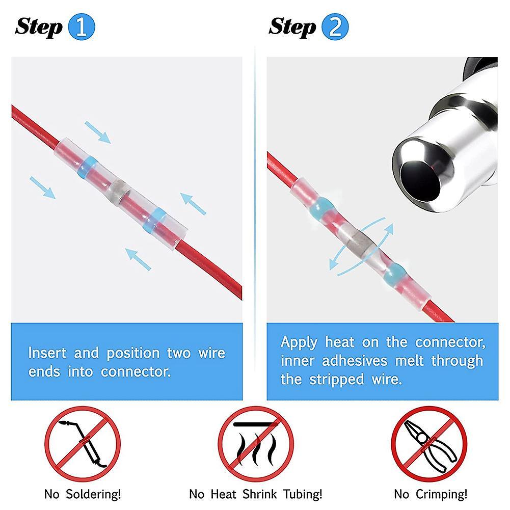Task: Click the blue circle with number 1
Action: point(82,26)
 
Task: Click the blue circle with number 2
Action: point(335,26)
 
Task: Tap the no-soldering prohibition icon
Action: point(83,444)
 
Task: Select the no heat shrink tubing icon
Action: point(256,444)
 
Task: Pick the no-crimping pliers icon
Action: point(429,444)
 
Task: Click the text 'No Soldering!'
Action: point(83,494)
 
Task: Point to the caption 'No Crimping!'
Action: point(431,494)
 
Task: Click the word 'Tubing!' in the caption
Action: point(303,494)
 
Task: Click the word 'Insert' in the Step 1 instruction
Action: point(47,353)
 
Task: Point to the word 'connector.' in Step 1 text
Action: point(136,372)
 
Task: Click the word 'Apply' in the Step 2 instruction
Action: point(299,343)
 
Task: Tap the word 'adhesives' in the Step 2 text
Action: point(355,361)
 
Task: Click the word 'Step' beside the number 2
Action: point(292,27)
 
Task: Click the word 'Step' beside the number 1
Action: point(39,27)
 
